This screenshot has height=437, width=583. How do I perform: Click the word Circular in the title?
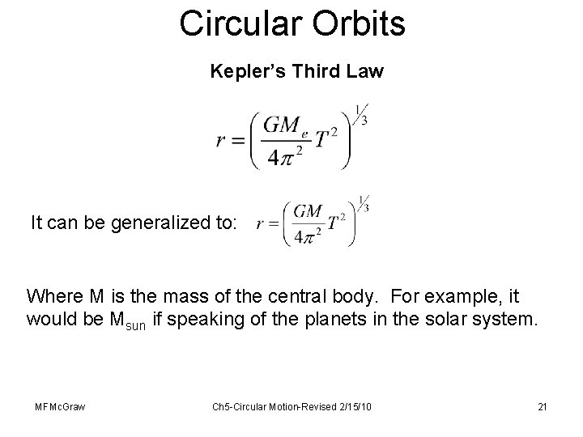pyautogui.click(x=236, y=23)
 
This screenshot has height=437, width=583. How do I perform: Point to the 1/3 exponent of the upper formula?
pyautogui.click(x=361, y=112)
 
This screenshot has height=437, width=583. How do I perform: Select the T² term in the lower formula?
pyautogui.click(x=339, y=221)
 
